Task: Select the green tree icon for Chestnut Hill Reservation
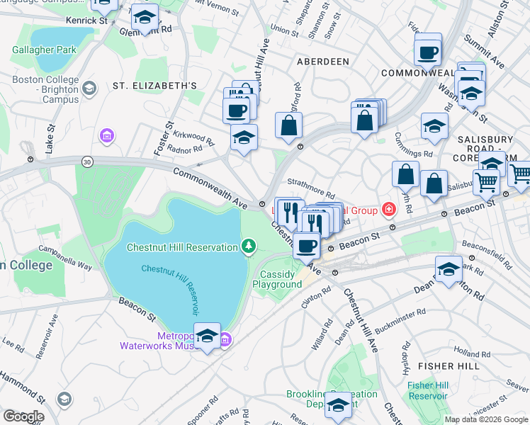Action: [x=248, y=246]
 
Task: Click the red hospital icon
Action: [x=388, y=209]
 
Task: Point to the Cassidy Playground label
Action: [x=281, y=279]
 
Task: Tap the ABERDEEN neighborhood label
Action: [x=322, y=62]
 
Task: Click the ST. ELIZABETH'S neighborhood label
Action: [x=154, y=86]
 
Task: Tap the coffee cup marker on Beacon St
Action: [x=306, y=246]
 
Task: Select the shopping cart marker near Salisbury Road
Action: [x=486, y=182]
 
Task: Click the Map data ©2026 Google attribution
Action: [x=486, y=419]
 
